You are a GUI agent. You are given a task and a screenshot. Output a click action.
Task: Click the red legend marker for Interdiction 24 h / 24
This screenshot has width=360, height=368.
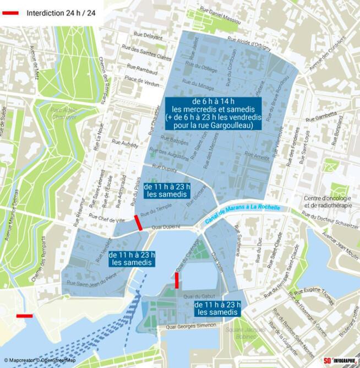click(x=11, y=12)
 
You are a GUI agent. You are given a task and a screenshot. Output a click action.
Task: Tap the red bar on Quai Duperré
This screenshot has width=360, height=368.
click(x=139, y=223)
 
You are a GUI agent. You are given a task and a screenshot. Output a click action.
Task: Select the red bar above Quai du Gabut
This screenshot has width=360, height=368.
click(x=177, y=280)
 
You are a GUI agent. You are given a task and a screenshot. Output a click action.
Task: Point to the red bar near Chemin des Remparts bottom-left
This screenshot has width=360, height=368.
click(x=24, y=316)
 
